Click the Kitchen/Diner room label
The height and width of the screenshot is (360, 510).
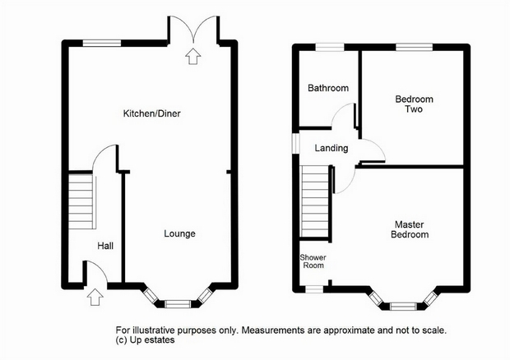(x=151, y=113)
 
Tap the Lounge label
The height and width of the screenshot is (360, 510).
(x=179, y=233)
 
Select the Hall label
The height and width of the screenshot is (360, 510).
(x=105, y=246)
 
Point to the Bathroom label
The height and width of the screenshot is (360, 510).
(x=328, y=88)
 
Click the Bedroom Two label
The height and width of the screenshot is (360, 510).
(x=414, y=104)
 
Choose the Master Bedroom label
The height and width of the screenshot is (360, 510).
(x=410, y=229)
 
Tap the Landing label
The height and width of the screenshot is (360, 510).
(x=331, y=148)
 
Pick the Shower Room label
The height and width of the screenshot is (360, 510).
(x=313, y=261)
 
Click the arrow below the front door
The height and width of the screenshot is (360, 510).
(x=95, y=297)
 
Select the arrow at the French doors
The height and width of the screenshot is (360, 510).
(x=192, y=56)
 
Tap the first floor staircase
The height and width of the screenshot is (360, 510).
(x=315, y=201)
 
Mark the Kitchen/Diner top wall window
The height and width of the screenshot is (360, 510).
(x=102, y=43)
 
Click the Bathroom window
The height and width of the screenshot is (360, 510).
(x=330, y=48)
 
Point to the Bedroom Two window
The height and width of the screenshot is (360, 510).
(x=414, y=48)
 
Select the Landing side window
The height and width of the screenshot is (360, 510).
(x=295, y=143)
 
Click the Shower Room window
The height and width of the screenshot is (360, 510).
(x=314, y=289)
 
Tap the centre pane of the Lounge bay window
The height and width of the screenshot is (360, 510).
(x=177, y=304)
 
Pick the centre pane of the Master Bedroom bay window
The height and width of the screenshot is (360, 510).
(x=403, y=306)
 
